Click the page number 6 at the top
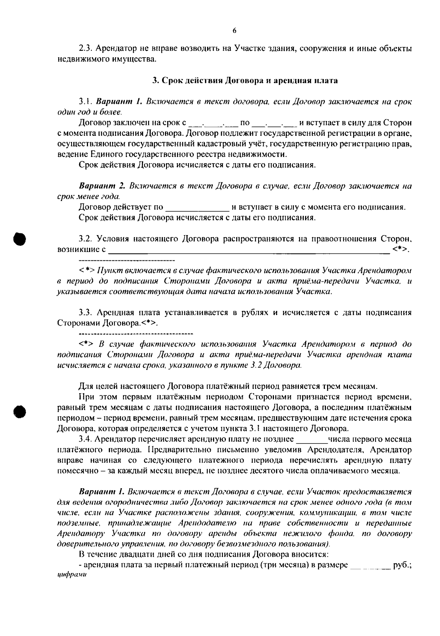(x=234, y=31)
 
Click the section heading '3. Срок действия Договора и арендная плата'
(x=245, y=80)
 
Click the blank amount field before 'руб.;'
(x=370, y=567)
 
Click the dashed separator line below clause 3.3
(x=136, y=334)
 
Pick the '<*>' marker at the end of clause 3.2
(x=400, y=250)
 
